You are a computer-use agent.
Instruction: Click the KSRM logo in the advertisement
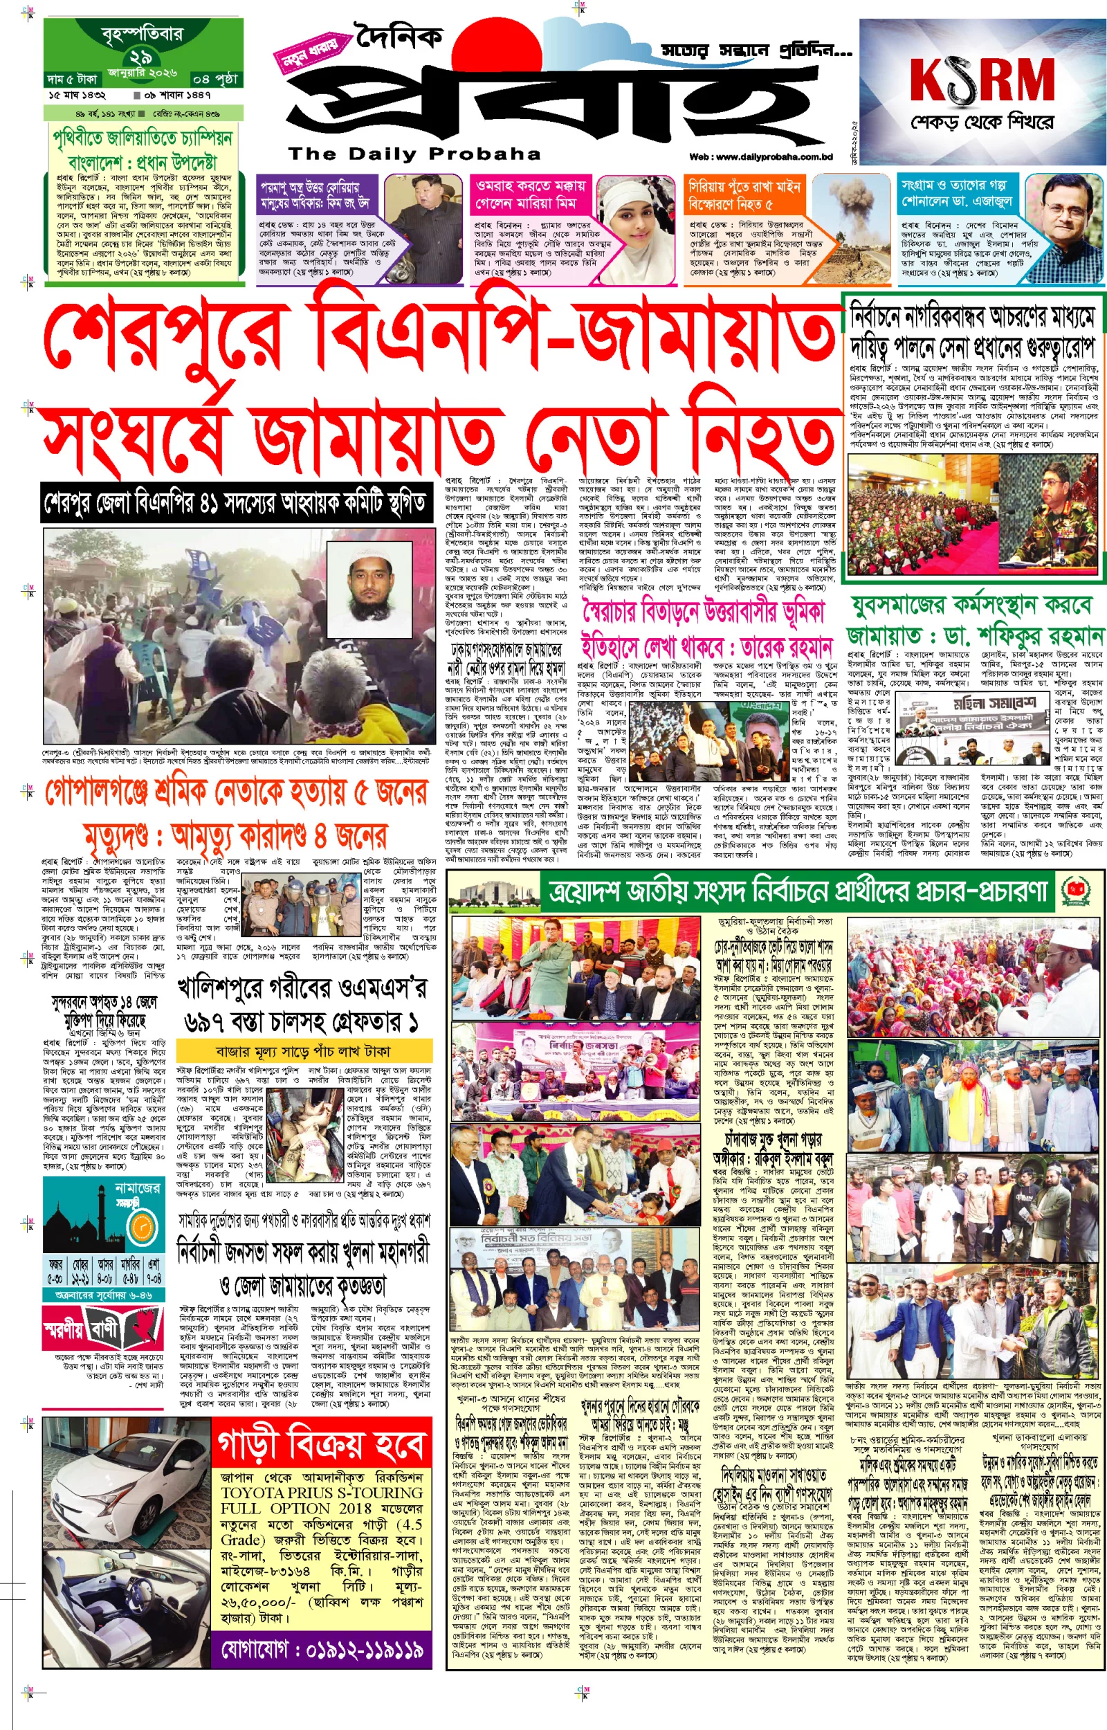[981, 79]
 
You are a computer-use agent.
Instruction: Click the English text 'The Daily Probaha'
[414, 154]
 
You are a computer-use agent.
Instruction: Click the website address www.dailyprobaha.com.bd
[760, 156]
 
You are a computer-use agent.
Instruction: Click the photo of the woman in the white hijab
[632, 230]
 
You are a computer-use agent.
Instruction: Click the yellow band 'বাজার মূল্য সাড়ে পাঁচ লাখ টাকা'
[303, 1053]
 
